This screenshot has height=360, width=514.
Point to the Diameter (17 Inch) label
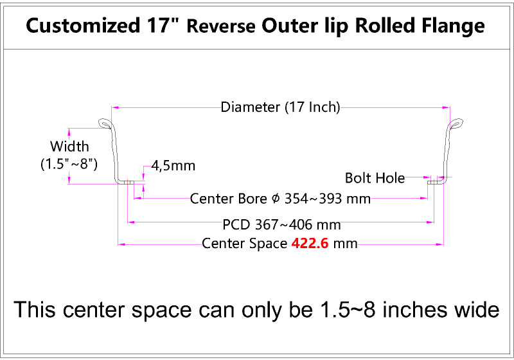click(x=280, y=107)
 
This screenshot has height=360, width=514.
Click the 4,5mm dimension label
click(x=173, y=166)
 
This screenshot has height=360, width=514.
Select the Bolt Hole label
click(x=375, y=177)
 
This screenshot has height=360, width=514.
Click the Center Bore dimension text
click(x=280, y=199)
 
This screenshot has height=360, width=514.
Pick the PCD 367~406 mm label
click(x=281, y=225)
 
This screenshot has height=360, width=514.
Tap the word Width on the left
click(x=69, y=147)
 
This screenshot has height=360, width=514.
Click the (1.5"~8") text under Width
click(x=69, y=164)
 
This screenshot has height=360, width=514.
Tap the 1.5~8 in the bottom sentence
click(x=341, y=310)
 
